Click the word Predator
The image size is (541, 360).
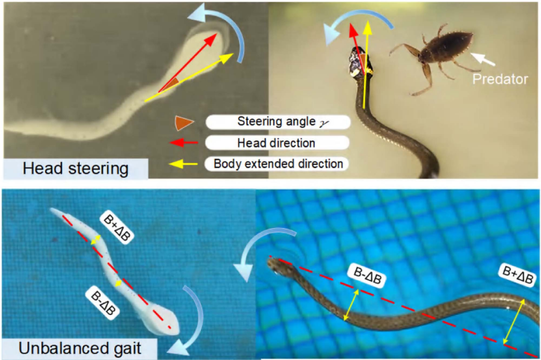click(x=500, y=79)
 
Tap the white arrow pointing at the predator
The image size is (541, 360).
click(x=483, y=59)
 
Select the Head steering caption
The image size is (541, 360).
click(x=76, y=169)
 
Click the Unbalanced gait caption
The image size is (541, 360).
click(x=80, y=348)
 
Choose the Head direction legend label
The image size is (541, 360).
click(x=277, y=143)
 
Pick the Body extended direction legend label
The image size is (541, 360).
click(x=278, y=164)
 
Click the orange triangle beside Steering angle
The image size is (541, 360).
click(x=183, y=123)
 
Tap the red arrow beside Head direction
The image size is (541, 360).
click(x=183, y=142)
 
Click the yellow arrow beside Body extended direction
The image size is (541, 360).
click(x=183, y=164)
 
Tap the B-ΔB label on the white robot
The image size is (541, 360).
click(x=103, y=302)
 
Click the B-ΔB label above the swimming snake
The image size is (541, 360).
click(x=367, y=275)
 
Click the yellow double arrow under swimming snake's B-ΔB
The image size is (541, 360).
click(x=351, y=305)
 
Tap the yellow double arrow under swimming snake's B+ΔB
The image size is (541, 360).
click(x=514, y=321)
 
